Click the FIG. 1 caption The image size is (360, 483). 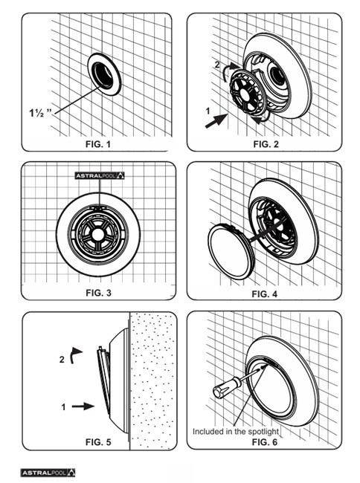97,144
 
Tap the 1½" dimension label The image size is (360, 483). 41,113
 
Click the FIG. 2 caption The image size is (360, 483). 266,144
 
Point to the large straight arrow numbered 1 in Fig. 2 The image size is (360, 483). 216,120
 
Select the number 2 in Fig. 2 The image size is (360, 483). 217,65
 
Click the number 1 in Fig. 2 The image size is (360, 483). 208,111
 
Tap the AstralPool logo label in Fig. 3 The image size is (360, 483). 100,175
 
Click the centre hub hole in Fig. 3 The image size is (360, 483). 97,234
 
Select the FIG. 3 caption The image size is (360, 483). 98,293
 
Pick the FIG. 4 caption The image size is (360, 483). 265,294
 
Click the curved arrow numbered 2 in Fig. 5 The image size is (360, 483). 76,355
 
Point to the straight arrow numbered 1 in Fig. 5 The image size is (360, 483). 83,406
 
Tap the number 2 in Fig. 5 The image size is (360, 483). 62,360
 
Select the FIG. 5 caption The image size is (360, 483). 98,442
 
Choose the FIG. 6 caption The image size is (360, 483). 265,442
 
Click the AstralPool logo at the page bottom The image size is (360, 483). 48,473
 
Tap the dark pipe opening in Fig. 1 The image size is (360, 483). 103,74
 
